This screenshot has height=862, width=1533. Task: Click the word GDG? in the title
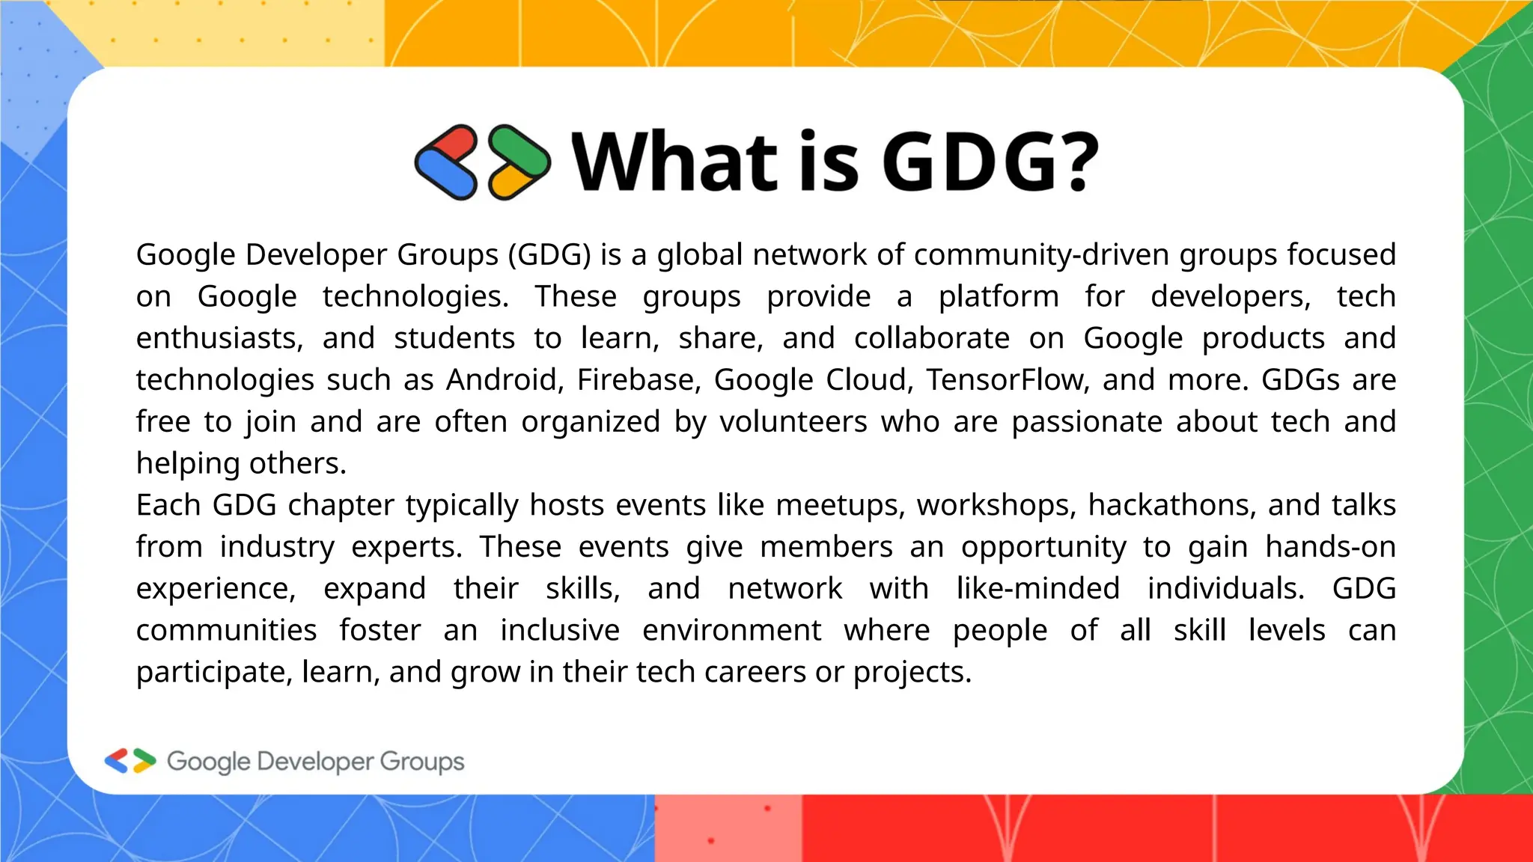tap(990, 162)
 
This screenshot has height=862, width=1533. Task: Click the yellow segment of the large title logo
tap(511, 181)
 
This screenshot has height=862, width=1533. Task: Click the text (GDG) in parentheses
tap(549, 255)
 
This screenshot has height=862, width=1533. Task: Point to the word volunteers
tap(793, 422)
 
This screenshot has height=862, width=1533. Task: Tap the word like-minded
tap(1037, 589)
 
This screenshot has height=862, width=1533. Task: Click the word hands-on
tap(1330, 547)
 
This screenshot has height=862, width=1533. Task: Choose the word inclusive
tap(560, 630)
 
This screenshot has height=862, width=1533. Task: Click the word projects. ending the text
tap(912, 672)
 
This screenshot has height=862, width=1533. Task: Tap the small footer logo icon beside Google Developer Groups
tap(130, 761)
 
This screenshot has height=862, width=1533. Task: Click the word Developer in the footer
tap(314, 762)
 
